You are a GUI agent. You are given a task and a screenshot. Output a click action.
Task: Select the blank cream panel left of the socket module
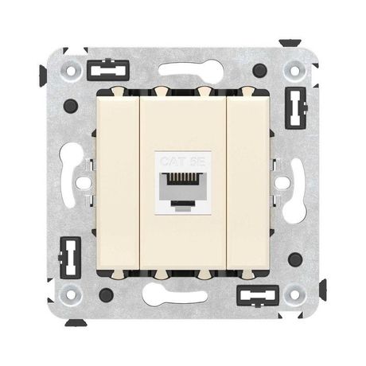[x=120, y=183]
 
